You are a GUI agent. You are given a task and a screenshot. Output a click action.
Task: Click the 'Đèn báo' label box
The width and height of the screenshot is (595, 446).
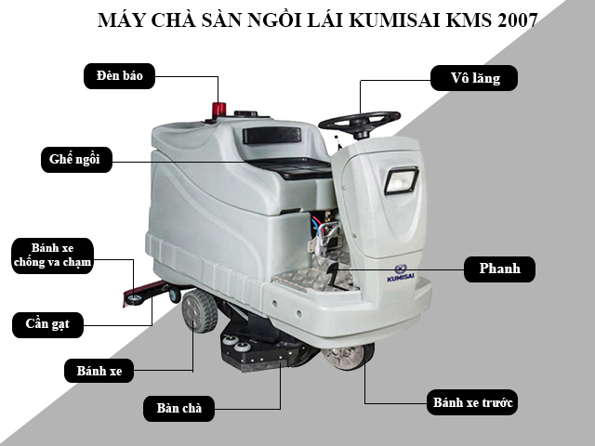120,74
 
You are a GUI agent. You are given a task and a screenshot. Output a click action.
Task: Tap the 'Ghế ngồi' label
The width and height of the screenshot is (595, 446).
75,159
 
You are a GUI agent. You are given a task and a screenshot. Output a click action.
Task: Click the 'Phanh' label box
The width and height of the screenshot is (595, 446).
499,269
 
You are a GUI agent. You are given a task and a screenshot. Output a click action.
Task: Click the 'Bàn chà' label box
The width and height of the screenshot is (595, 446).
179,407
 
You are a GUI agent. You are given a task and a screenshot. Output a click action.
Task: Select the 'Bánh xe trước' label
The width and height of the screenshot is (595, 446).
473,403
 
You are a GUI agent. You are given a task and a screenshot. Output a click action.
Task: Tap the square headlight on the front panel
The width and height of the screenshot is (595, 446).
401,178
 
